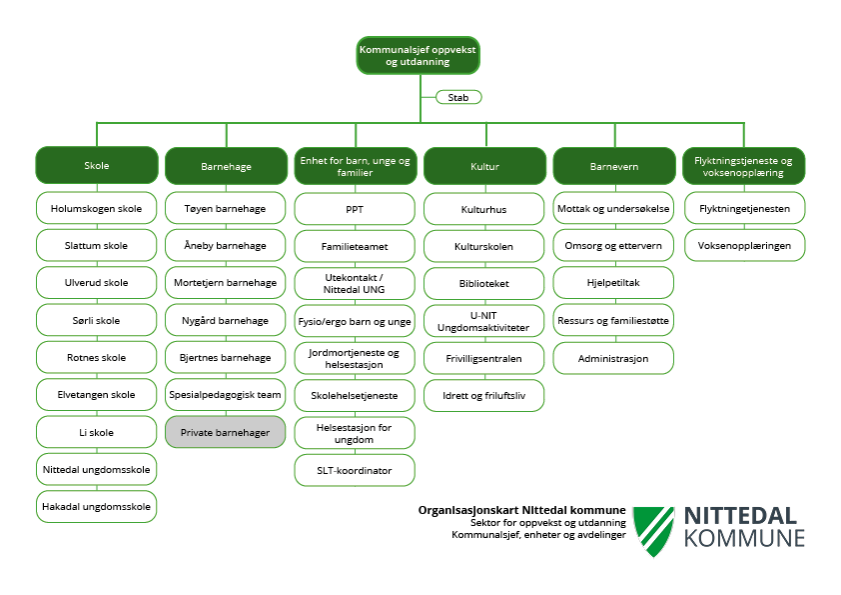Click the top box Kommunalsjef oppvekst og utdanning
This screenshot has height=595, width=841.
click(x=418, y=55)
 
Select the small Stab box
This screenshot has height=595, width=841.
click(x=458, y=97)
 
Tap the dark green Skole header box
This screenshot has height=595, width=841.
click(x=97, y=165)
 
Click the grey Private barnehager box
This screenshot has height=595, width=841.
click(x=225, y=432)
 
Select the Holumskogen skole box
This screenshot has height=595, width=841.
click(x=97, y=209)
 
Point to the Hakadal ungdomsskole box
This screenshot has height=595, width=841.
click(x=97, y=506)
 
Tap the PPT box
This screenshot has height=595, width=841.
click(x=355, y=209)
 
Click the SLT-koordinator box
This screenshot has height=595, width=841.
click(x=355, y=469)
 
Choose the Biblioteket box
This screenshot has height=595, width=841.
click(x=484, y=283)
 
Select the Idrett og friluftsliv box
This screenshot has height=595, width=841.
click(x=484, y=395)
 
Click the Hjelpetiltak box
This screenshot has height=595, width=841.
click(x=613, y=283)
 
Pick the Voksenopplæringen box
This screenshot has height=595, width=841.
click(x=744, y=244)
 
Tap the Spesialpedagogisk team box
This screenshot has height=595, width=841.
click(x=225, y=395)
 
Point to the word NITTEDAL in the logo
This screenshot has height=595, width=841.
click(x=740, y=516)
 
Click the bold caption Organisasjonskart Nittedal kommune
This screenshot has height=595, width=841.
click(x=522, y=509)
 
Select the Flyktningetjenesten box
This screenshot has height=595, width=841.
click(x=744, y=209)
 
